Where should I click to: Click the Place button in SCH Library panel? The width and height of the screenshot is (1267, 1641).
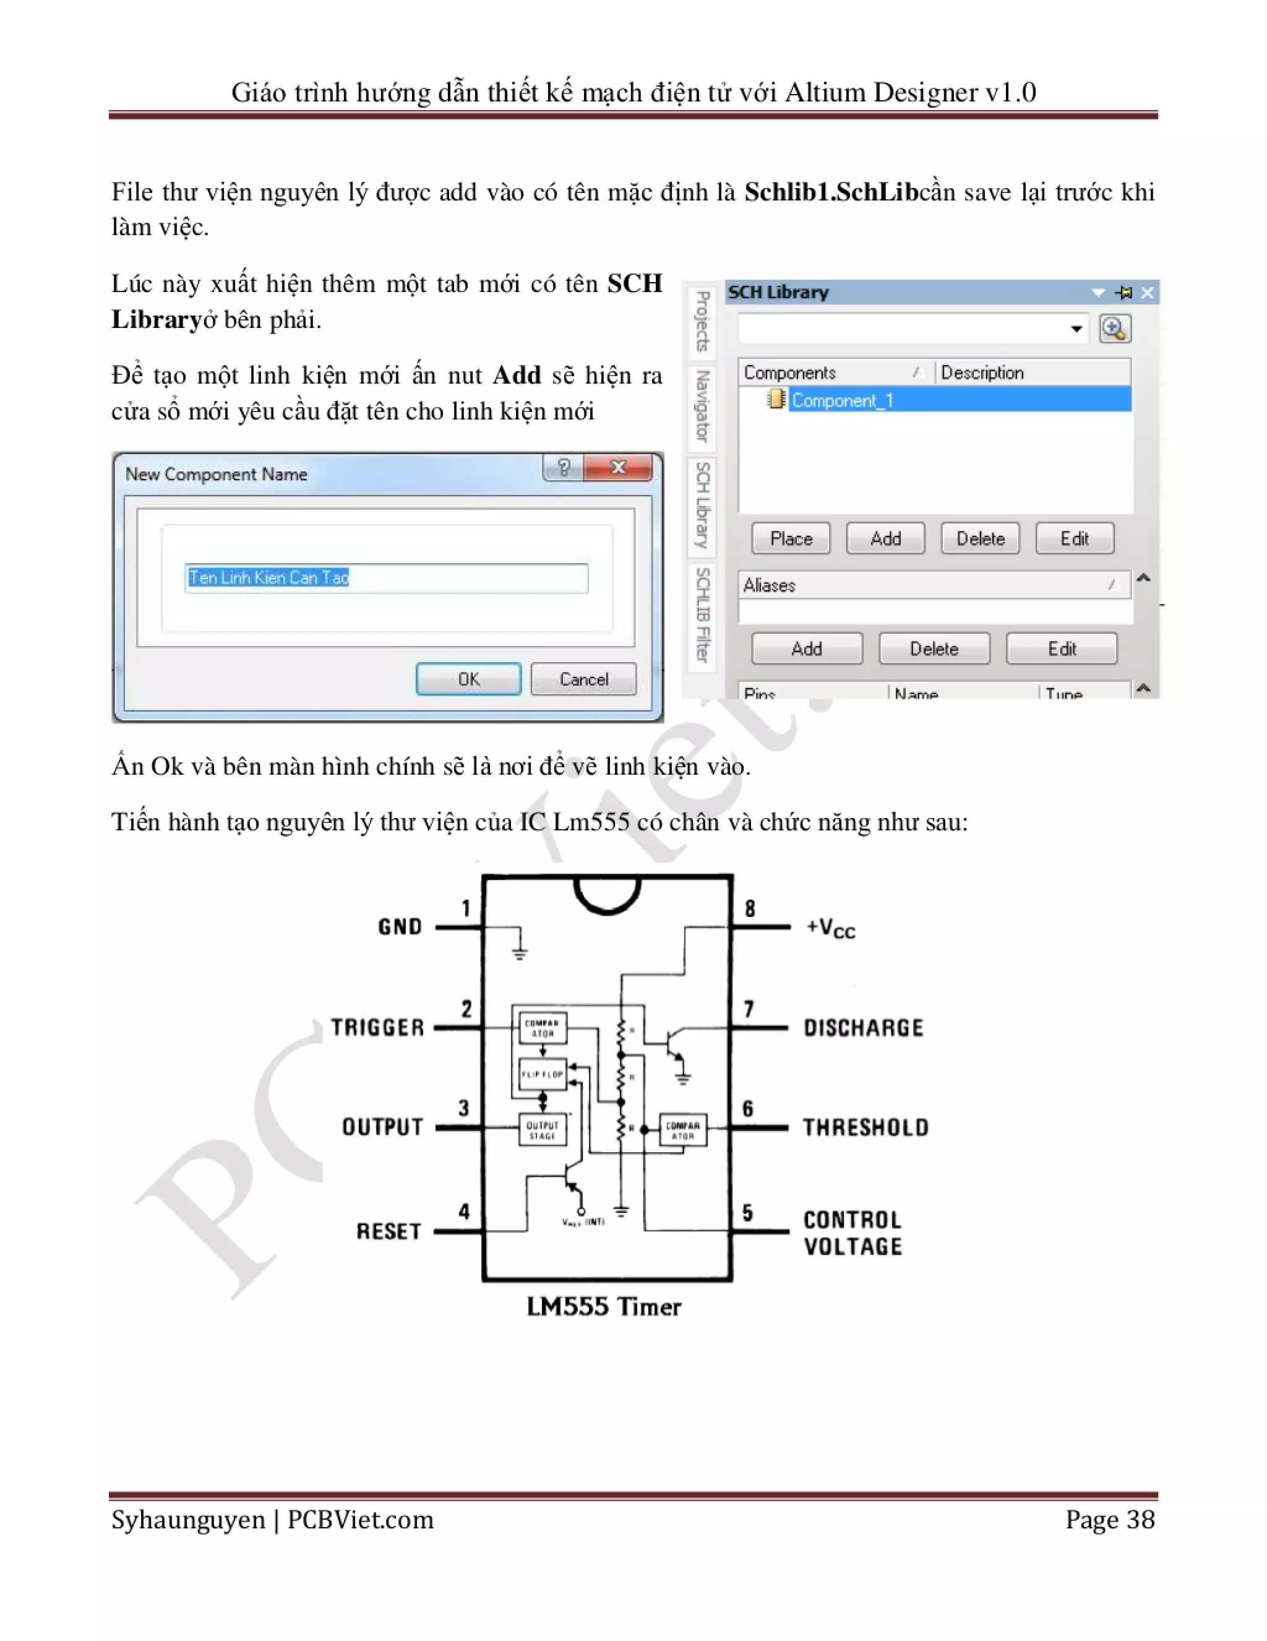(790, 539)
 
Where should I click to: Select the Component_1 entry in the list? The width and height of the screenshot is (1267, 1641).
(842, 400)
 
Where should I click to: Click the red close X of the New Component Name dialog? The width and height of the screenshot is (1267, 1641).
(618, 467)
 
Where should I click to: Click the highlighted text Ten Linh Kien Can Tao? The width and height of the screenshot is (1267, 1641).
(268, 578)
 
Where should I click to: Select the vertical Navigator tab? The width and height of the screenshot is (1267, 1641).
(702, 407)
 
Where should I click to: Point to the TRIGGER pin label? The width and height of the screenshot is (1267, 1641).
(378, 1027)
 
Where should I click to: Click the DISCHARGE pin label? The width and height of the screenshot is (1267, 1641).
(863, 1028)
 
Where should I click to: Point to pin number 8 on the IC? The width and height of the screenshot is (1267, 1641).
(750, 908)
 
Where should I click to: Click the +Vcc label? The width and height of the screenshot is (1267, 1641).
(831, 928)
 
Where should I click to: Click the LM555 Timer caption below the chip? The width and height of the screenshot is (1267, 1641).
(603, 1307)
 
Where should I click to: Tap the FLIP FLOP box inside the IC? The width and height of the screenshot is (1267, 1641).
(543, 1074)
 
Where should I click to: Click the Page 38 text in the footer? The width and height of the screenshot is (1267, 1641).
(1109, 1519)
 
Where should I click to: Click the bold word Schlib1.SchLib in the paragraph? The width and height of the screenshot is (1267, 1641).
(831, 192)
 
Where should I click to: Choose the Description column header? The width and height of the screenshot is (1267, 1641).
(982, 373)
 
